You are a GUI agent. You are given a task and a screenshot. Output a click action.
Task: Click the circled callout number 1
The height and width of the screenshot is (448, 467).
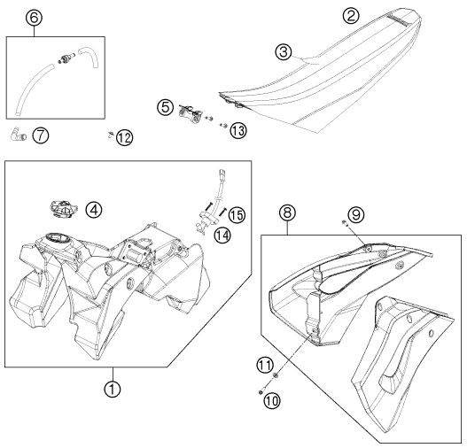coord(113,389)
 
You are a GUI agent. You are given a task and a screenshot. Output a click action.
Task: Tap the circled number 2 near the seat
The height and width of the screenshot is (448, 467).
coord(351,15)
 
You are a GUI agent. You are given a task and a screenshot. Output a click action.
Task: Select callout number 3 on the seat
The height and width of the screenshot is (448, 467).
coord(284,52)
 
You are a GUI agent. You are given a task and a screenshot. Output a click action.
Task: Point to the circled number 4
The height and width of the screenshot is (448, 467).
coord(94,210)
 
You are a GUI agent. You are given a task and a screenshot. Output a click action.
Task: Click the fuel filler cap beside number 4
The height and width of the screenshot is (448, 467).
coord(64,209)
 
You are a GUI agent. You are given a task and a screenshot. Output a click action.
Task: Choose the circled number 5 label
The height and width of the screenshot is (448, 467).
coord(166,107)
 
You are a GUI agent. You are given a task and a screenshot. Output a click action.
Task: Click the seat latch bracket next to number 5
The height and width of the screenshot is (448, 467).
coord(191,113)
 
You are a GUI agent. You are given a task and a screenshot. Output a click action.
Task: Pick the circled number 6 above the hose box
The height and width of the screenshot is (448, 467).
coord(34,18)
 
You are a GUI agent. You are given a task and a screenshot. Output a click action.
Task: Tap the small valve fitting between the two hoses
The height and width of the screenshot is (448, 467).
coord(65,58)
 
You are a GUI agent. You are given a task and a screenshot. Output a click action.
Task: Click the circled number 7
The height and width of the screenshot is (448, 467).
coord(41,135)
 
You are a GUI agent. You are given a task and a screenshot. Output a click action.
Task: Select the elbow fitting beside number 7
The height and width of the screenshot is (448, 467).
coord(19,135)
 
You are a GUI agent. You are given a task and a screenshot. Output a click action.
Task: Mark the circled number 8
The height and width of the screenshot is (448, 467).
coord(287,213)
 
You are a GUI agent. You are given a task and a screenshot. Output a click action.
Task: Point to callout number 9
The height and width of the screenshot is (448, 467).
coord(356,215)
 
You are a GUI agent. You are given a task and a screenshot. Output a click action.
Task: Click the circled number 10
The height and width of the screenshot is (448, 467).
coord(272,401)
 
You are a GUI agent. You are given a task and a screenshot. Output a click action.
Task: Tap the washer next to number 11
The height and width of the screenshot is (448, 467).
coord(276,375)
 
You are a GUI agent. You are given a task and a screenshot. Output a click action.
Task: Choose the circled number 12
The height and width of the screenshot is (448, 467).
coord(124,138)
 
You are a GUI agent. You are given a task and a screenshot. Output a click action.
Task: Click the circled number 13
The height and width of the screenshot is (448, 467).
coord(238,131)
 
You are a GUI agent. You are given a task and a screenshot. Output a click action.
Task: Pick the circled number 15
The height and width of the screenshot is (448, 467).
coord(237,215)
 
